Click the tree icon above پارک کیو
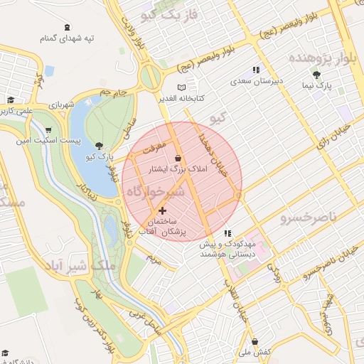(98, 145)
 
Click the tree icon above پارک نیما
(316, 75)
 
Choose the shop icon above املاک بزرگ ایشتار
(177, 159)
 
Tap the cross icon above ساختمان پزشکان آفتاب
(163, 210)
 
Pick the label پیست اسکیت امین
(47, 142)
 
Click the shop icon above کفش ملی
(255, 342)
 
